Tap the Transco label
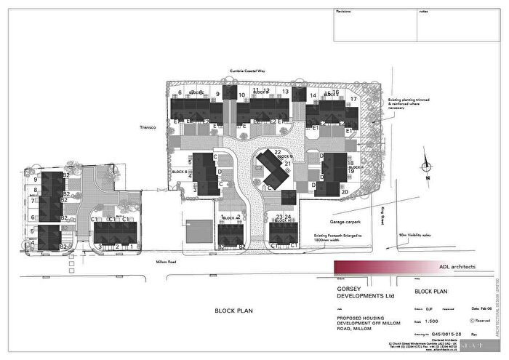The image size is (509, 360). pyautogui.click(x=149, y=127)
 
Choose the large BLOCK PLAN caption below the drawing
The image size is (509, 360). pyautogui.click(x=234, y=311)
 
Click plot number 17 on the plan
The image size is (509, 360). pyautogui.click(x=353, y=98)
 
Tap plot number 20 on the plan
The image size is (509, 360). pyautogui.click(x=344, y=192)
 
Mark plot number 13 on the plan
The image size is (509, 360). pyautogui.click(x=286, y=93)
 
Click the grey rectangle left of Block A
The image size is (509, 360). pyautogui.click(x=196, y=232)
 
